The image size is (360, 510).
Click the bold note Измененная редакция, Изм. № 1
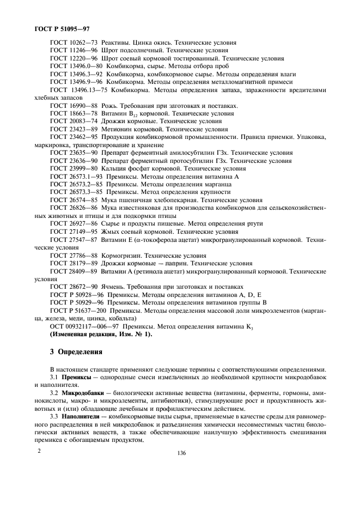(101, 334)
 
